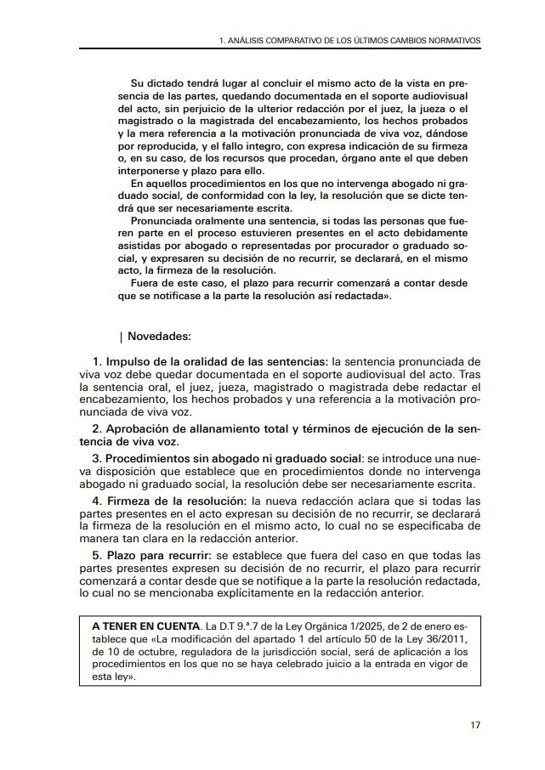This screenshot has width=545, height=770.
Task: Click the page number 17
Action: click(474, 725)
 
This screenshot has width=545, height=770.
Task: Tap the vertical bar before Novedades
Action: click(122, 337)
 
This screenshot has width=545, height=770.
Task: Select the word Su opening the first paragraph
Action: click(137, 84)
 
